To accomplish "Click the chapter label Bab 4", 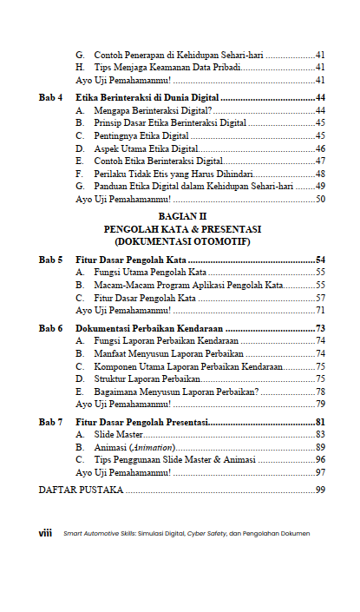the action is point(51,98).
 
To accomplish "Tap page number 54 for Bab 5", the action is point(320,260).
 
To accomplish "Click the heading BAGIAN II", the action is point(181,216).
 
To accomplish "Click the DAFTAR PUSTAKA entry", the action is point(82,491).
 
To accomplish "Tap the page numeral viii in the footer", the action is point(46,533).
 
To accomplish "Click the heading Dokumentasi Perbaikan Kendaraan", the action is point(149,329).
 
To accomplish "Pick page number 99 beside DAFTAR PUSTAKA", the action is point(320,491).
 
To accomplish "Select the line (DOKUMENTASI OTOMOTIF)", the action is point(181,240).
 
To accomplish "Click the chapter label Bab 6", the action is point(51,329).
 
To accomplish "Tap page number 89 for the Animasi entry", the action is point(320,446).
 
